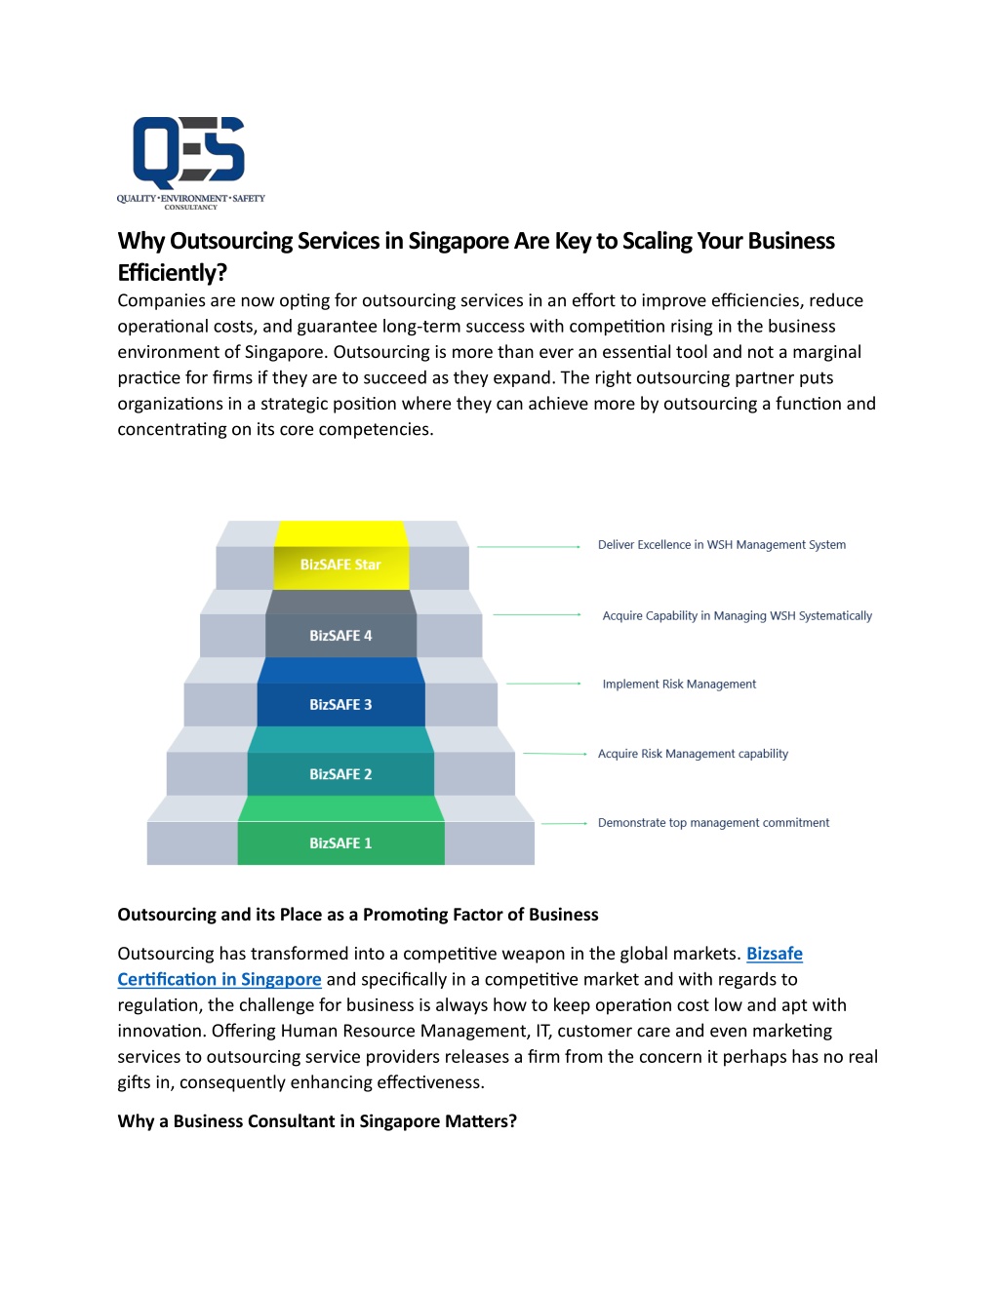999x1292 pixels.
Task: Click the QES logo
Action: (x=190, y=163)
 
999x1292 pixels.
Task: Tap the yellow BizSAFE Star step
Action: (x=341, y=556)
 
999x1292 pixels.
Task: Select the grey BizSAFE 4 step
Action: (x=340, y=624)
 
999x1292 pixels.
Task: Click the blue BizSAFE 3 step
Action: (x=340, y=692)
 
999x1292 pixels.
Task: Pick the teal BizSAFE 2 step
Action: (x=340, y=761)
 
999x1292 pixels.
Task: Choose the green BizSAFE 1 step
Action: (x=340, y=831)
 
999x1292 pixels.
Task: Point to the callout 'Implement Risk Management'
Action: (x=679, y=685)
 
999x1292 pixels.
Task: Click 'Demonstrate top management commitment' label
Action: (x=713, y=823)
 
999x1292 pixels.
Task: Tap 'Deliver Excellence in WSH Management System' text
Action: (x=722, y=545)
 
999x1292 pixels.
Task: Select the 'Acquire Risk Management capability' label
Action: (x=693, y=754)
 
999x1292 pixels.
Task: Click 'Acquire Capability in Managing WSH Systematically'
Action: (x=738, y=616)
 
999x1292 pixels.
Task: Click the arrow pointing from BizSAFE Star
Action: (x=529, y=546)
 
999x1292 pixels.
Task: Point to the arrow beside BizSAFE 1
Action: (x=564, y=824)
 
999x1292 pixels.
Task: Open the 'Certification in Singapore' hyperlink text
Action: (x=220, y=979)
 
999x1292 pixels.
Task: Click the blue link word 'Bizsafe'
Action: (x=775, y=954)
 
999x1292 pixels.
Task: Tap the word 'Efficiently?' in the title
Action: (x=173, y=273)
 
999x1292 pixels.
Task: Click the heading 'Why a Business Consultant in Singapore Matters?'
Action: (x=317, y=1121)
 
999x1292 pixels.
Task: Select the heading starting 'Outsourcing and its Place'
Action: (x=358, y=915)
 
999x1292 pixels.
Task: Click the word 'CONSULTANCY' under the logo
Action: (x=191, y=208)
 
